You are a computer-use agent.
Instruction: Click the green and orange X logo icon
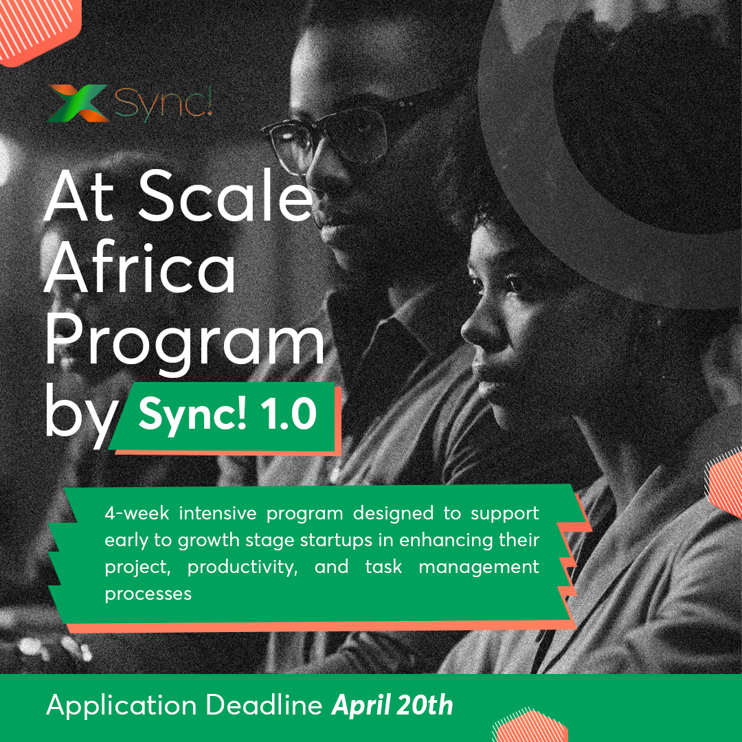pos(78,103)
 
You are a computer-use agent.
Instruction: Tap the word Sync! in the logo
pos(164,104)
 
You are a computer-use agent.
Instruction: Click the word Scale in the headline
pos(226,195)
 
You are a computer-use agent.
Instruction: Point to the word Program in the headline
pos(185,341)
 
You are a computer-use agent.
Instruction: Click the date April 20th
pos(392,706)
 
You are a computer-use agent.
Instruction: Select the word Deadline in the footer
pos(264,705)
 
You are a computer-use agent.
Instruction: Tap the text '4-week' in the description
pos(137,513)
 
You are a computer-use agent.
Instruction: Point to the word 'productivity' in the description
pos(243,567)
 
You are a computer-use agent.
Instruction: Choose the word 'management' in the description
pos(479,567)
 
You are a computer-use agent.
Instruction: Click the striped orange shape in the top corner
pos(38,28)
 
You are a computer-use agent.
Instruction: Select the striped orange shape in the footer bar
pos(530,726)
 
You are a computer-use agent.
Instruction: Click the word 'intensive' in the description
pos(218,513)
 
